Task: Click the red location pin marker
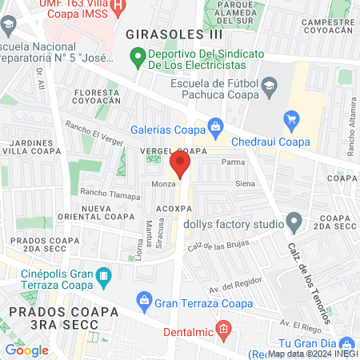(x=180, y=165)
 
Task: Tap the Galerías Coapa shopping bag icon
(x=215, y=126)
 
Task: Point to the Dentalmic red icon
(x=223, y=328)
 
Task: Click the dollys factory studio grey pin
(x=294, y=219)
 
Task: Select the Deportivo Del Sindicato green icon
(x=137, y=58)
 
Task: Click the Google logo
(x=26, y=350)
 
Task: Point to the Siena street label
(x=245, y=184)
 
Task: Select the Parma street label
(x=233, y=162)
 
